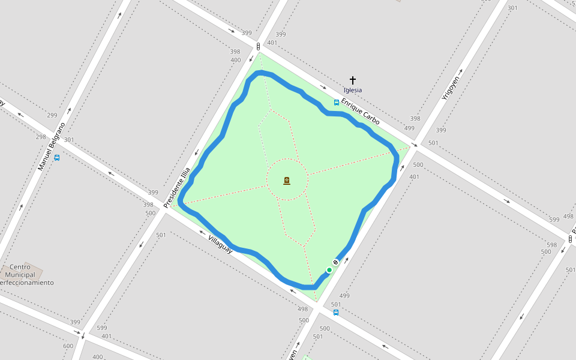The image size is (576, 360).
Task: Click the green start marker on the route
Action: (329, 270)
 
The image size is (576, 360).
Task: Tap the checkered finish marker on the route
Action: (336, 262)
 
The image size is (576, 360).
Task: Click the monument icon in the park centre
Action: (287, 180)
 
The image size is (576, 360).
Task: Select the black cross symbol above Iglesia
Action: (353, 80)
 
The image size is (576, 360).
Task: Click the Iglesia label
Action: (353, 90)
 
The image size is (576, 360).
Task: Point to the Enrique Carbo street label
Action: (360, 112)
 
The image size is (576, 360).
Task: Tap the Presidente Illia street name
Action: (176, 188)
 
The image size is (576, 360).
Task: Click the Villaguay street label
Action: (220, 244)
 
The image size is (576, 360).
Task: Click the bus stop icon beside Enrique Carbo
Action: (337, 103)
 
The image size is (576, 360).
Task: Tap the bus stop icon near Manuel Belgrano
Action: (57, 158)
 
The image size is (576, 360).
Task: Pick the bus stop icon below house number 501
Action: (336, 313)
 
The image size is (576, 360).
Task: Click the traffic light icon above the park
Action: (258, 46)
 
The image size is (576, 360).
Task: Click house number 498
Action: (303, 309)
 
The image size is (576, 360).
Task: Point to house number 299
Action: (52, 115)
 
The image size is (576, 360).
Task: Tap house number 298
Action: (41, 137)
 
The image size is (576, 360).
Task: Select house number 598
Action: (551, 245)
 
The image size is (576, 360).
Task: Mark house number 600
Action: (68, 346)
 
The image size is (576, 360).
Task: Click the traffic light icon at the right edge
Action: (570, 239)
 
